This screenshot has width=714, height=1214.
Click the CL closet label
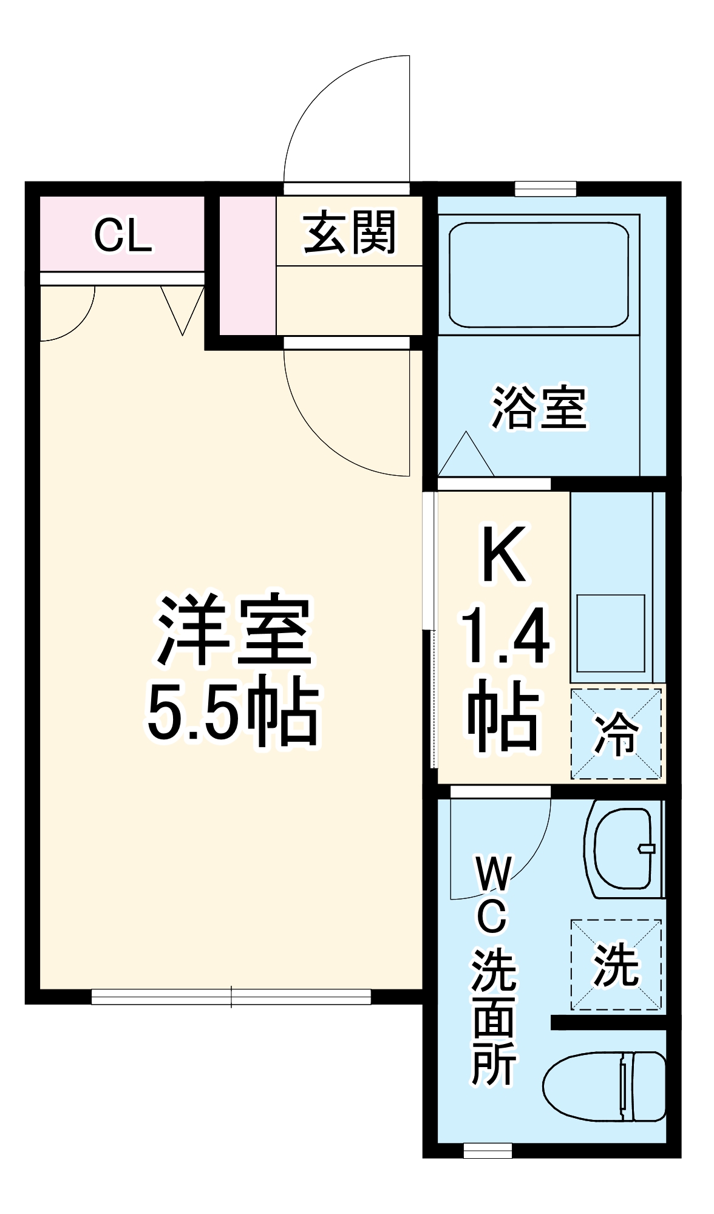pyautogui.click(x=123, y=236)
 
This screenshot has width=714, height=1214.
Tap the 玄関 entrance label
pyautogui.click(x=350, y=232)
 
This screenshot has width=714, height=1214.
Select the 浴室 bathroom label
pyautogui.click(x=539, y=407)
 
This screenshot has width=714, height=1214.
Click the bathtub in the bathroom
pyautogui.click(x=539, y=274)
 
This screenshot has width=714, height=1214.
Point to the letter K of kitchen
pyautogui.click(x=503, y=554)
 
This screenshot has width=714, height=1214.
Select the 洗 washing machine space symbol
pyautogui.click(x=616, y=965)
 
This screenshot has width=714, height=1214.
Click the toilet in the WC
pyautogui.click(x=604, y=1086)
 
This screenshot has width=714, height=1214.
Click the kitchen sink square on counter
pyautogui.click(x=610, y=633)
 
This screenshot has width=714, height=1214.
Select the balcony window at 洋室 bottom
pyautogui.click(x=231, y=997)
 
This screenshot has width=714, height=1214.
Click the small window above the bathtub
pyautogui.click(x=545, y=189)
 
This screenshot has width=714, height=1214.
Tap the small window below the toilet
pyautogui.click(x=488, y=1150)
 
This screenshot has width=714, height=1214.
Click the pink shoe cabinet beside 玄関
pyautogui.click(x=248, y=265)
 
